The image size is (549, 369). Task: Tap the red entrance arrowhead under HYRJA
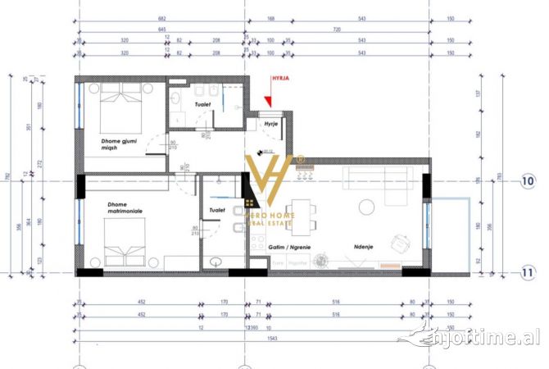(269, 102)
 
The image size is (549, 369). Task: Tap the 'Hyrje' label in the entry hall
(270, 124)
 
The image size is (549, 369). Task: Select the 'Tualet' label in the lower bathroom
(217, 210)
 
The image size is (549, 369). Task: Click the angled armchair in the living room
(401, 244)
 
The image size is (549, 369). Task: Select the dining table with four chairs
(301, 216)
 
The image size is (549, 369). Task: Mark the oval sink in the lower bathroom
(216, 262)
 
